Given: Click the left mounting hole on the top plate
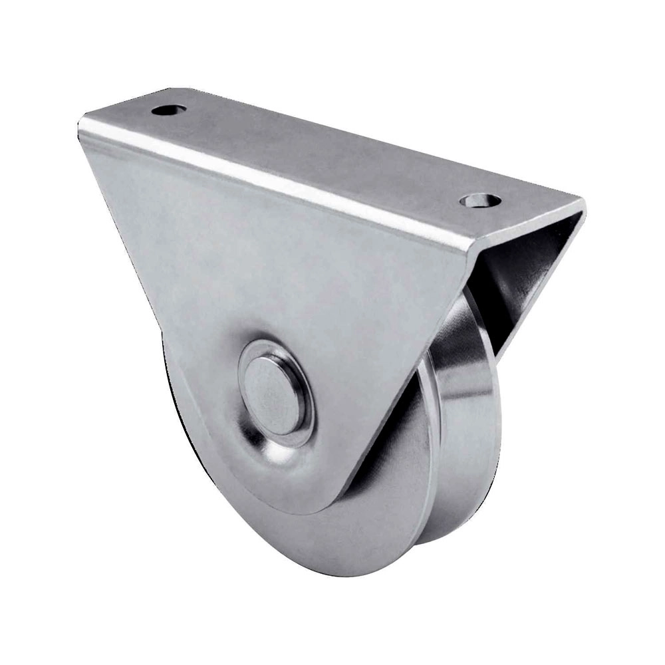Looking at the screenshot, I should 168,109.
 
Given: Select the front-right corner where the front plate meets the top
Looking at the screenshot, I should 469,249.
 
